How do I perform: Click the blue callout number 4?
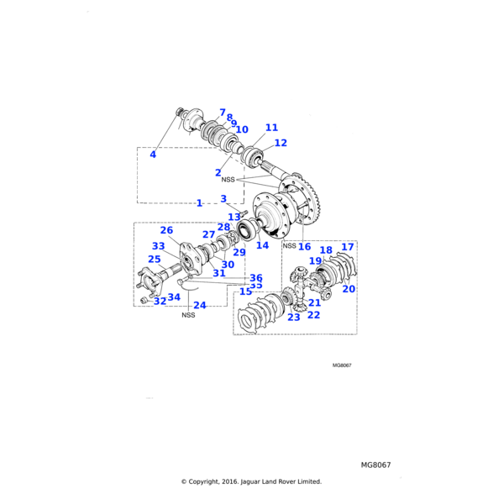click(x=153, y=155)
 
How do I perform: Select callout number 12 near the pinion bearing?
click(x=281, y=143)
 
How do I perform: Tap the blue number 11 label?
click(x=270, y=128)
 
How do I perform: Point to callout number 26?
click(x=166, y=230)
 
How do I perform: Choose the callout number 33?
click(x=159, y=246)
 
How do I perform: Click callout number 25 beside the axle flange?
click(x=154, y=260)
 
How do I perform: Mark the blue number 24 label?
click(x=200, y=306)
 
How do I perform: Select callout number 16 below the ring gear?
click(x=304, y=247)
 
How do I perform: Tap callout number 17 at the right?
click(x=348, y=247)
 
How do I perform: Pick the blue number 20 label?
click(x=349, y=288)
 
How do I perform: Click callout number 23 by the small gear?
click(x=294, y=318)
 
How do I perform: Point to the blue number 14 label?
click(x=263, y=246)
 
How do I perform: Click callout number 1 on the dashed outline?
click(x=199, y=203)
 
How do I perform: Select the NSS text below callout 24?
click(x=188, y=316)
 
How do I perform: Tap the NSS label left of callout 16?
click(x=289, y=246)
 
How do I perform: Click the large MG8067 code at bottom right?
click(x=376, y=465)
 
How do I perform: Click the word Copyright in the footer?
click(x=213, y=482)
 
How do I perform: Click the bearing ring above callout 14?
click(x=249, y=228)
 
